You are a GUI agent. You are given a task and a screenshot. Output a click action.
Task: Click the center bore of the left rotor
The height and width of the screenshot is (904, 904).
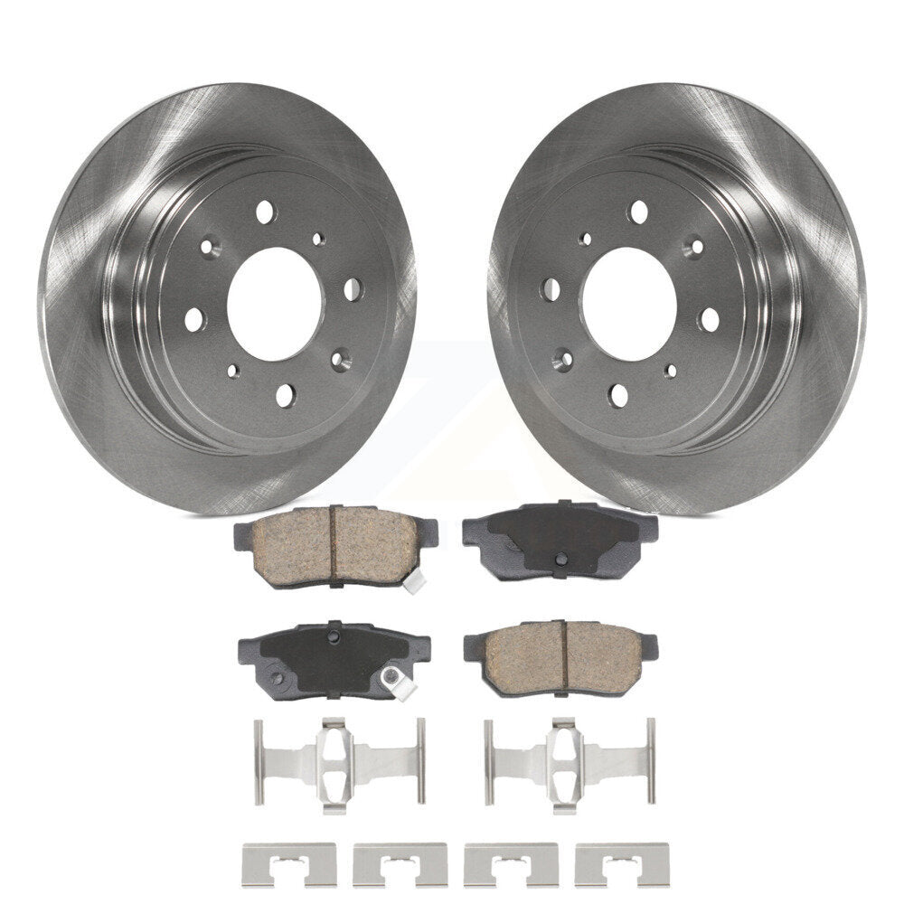coord(274,303)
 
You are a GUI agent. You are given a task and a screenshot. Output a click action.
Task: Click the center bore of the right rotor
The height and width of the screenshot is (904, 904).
coord(629,303)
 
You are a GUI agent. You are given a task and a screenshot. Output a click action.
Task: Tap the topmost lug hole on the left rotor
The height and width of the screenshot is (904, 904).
coord(264,212)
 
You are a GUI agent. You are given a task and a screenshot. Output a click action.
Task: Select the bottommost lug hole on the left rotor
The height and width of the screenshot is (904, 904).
coord(285,395)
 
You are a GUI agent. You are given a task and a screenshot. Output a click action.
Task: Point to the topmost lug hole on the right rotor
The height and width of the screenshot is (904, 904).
coord(638,212)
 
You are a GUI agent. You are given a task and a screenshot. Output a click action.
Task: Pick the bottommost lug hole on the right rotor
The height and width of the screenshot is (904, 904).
coord(618,395)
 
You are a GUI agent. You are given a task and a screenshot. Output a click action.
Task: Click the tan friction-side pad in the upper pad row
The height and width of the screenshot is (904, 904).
coord(335,545)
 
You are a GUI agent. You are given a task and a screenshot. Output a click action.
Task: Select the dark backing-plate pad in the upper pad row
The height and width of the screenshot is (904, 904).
coord(560,538)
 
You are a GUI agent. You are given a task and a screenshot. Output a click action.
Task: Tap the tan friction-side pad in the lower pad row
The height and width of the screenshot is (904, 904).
coord(560,656)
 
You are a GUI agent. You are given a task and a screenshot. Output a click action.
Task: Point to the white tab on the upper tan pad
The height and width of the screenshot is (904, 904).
coord(413,584)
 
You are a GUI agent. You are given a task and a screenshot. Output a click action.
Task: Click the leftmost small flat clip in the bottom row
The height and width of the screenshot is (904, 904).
coord(289,863)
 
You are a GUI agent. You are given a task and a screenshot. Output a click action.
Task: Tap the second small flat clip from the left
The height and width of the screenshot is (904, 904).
coord(400,863)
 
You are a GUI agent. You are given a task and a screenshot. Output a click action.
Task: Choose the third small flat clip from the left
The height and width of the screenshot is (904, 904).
coord(511,863)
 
